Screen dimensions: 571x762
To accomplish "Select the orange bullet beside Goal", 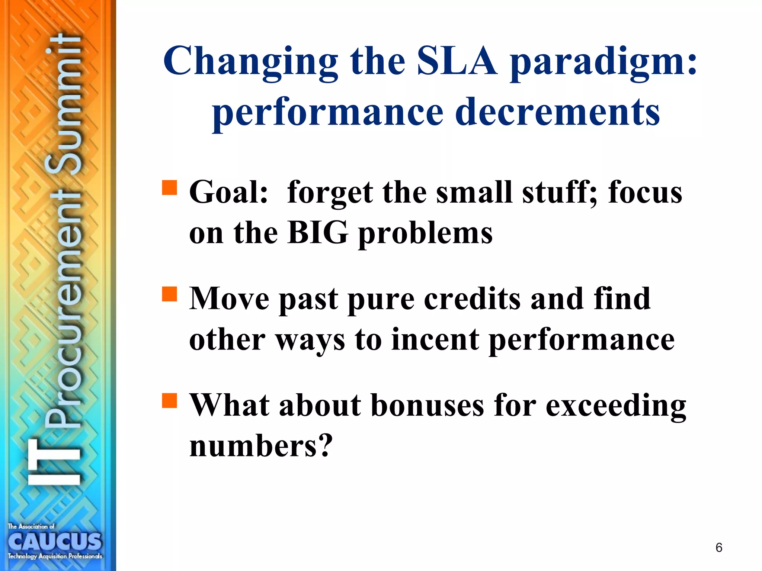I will coord(170,188).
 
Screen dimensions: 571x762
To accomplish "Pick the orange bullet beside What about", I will coord(170,400).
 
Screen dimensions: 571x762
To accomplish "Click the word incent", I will coord(435,339).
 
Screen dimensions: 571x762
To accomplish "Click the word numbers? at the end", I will coord(260,446).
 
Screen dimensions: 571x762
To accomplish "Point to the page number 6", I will coord(719,548).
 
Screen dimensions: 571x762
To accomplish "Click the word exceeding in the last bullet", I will coord(616,406).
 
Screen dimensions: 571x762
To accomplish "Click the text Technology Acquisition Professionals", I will coord(55,557).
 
